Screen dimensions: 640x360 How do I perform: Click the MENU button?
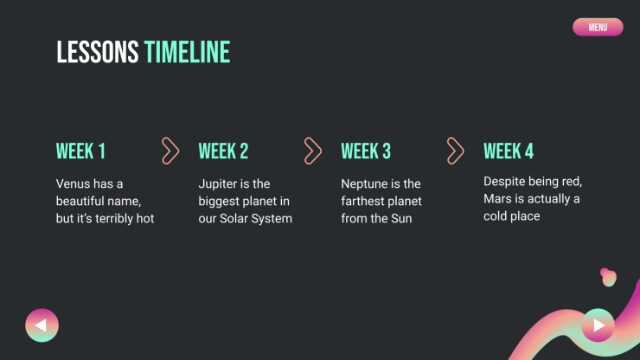598,27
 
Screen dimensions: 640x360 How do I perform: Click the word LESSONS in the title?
98,52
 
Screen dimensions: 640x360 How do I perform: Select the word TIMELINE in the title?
187,52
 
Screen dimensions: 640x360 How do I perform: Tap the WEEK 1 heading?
80,151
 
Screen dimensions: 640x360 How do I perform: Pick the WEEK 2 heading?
223,151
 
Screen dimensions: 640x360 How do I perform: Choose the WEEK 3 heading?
366,151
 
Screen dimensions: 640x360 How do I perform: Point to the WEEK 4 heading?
509,151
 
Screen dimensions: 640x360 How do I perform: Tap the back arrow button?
42,325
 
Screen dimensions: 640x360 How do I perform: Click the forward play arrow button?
598,325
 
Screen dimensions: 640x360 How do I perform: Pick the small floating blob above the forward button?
608,277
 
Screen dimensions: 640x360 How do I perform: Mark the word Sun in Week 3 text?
401,219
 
